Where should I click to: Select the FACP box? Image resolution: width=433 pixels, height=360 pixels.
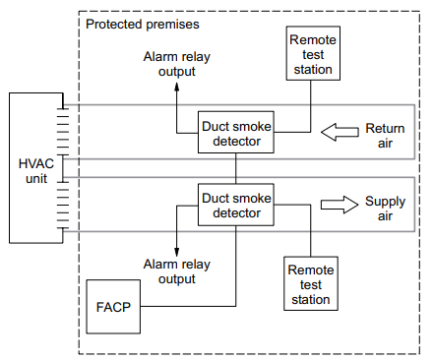[110, 306]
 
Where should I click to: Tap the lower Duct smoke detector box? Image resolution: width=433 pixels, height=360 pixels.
[235, 206]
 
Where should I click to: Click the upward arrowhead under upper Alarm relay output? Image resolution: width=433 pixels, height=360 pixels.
[177, 87]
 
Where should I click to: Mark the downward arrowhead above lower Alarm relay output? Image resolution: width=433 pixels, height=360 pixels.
[176, 250]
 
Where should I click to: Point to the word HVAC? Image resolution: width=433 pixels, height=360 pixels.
[35, 162]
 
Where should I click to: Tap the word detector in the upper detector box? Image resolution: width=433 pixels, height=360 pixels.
[235, 141]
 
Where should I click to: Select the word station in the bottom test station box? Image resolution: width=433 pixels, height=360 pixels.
[310, 298]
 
